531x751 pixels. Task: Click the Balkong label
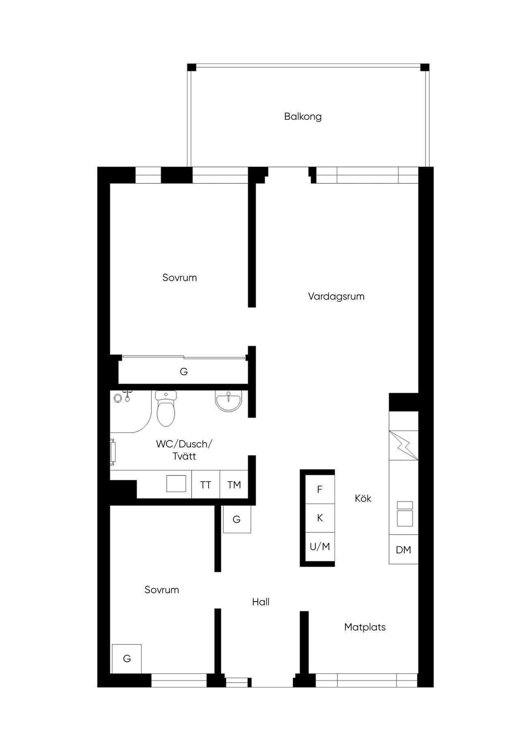(303, 117)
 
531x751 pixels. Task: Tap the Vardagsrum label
(336, 296)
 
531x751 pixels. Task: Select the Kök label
(363, 498)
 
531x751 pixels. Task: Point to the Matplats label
(365, 627)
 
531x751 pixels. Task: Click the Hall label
(261, 602)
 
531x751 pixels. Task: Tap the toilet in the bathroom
(166, 408)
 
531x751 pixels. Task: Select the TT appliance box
(205, 485)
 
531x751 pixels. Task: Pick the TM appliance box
(234, 485)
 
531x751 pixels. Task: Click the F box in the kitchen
(319, 489)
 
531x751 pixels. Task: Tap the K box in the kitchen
(319, 518)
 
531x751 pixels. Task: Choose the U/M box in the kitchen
(319, 547)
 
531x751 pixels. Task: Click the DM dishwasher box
(404, 550)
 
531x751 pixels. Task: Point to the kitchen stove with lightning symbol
(404, 445)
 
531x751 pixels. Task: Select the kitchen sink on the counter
(405, 514)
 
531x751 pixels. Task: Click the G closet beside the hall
(237, 519)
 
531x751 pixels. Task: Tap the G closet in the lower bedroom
(127, 658)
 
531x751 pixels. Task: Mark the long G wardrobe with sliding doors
(183, 371)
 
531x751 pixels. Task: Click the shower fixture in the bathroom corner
(123, 397)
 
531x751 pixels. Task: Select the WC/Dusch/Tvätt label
(184, 450)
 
